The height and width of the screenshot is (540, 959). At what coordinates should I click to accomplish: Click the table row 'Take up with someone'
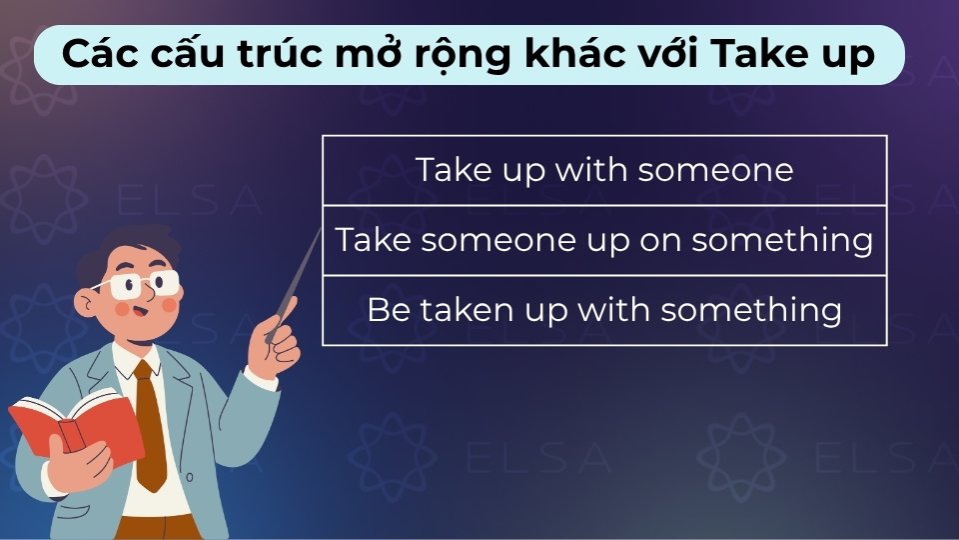pyautogui.click(x=604, y=170)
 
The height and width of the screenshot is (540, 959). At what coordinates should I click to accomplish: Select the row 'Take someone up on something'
pyautogui.click(x=604, y=240)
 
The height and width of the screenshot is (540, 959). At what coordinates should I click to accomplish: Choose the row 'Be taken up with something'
pyautogui.click(x=604, y=310)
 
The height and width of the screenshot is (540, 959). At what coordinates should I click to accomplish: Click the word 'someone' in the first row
pyautogui.click(x=715, y=170)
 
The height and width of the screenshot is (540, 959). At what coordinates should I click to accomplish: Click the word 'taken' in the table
pyautogui.click(x=462, y=310)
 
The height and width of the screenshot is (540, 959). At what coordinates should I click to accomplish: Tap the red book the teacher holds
pyautogui.click(x=75, y=430)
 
